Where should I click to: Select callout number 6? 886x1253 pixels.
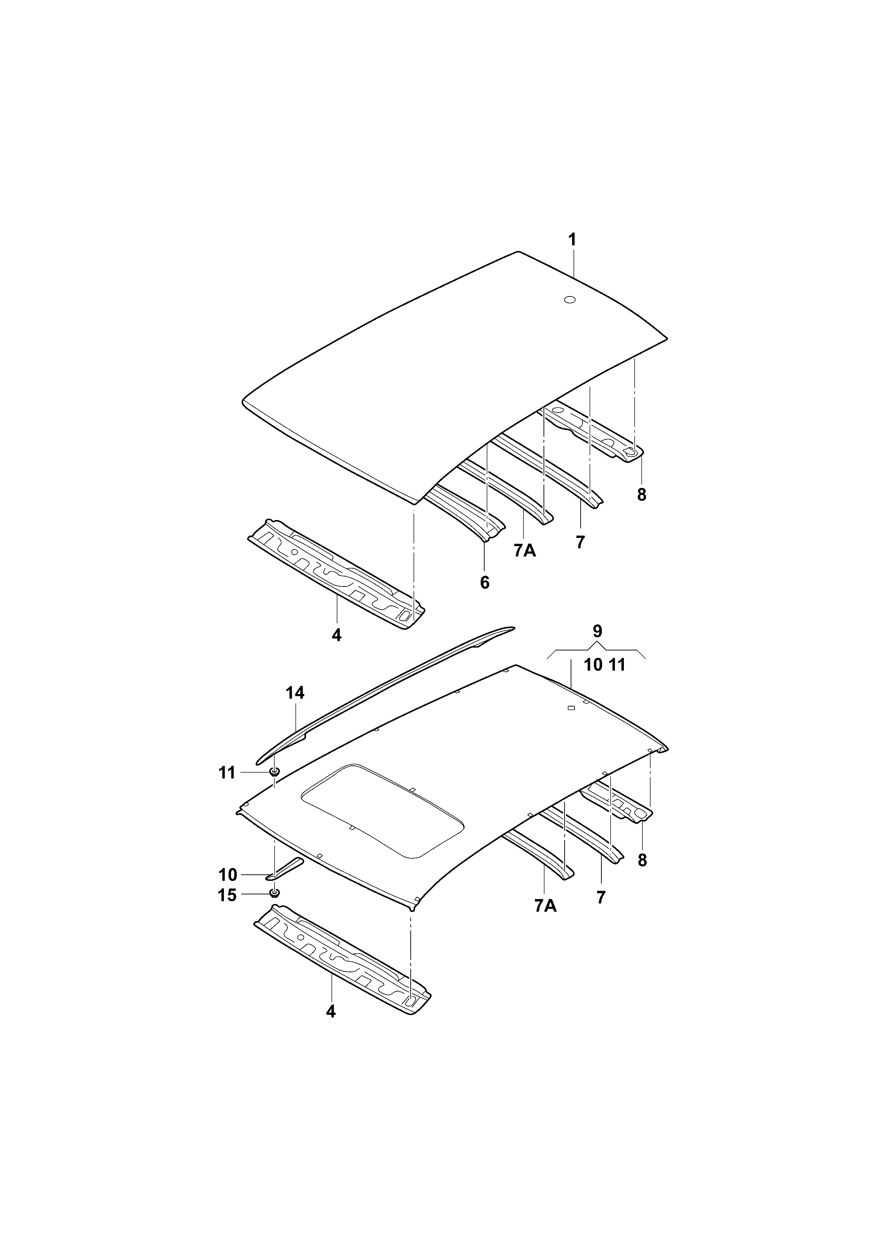coord(485,583)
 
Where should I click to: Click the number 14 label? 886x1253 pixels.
coord(295,693)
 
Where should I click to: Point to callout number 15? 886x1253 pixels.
coord(227,895)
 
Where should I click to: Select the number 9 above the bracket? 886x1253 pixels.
coord(597,632)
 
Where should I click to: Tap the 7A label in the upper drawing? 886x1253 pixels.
coord(525,551)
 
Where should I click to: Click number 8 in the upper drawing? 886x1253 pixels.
coord(642,495)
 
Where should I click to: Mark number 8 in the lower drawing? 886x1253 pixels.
coord(642,860)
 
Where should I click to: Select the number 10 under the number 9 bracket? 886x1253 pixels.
coord(593,665)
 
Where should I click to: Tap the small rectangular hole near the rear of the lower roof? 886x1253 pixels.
coord(571,708)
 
